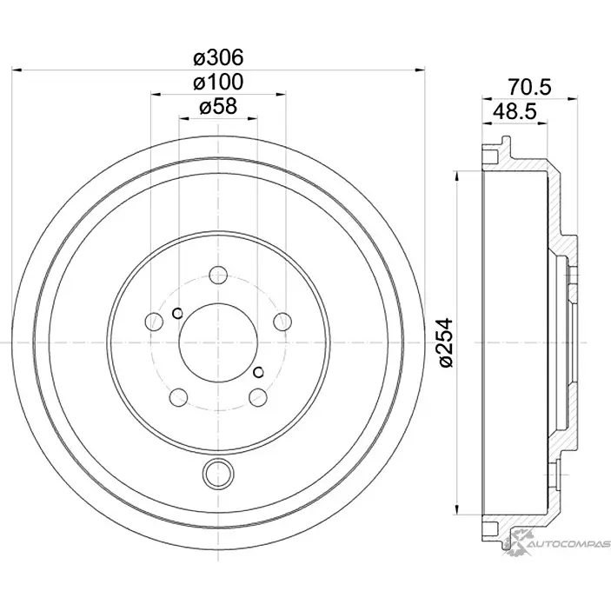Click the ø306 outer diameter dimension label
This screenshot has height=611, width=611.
click(x=217, y=57)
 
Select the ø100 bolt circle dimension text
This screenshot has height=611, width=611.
click(x=217, y=83)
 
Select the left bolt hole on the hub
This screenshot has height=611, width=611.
click(x=154, y=322)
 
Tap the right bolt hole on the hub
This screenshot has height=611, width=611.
click(x=282, y=322)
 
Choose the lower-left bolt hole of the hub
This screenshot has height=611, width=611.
click(x=179, y=398)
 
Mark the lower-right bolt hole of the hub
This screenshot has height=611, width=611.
click(x=257, y=398)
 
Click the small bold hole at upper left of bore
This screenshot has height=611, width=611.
click(x=176, y=314)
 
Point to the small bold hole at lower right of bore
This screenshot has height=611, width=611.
click(x=258, y=372)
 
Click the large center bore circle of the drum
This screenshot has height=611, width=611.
click(x=218, y=343)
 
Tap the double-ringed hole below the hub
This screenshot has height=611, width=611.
click(x=218, y=474)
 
